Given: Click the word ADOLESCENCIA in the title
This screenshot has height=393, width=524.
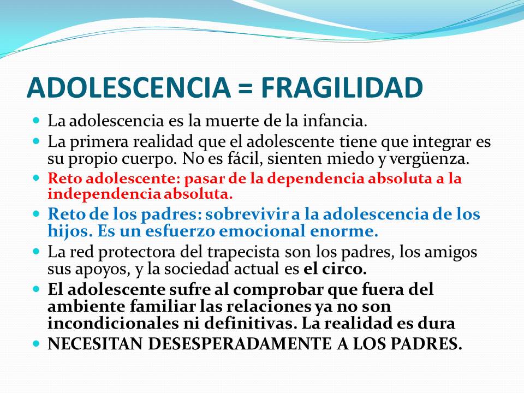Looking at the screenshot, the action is tap(129, 87).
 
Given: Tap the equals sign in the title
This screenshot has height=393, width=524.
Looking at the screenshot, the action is tap(246, 89).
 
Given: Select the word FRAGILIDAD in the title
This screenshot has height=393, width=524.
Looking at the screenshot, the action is tap(342, 87).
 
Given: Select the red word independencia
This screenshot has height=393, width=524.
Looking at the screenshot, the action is tap(104, 194).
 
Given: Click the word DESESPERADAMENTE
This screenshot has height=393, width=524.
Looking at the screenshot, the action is tap(240, 344).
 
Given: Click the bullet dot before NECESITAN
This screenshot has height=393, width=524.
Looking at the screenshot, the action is tap(37, 343).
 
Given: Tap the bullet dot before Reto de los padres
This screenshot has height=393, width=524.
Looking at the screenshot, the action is tap(37, 213).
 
